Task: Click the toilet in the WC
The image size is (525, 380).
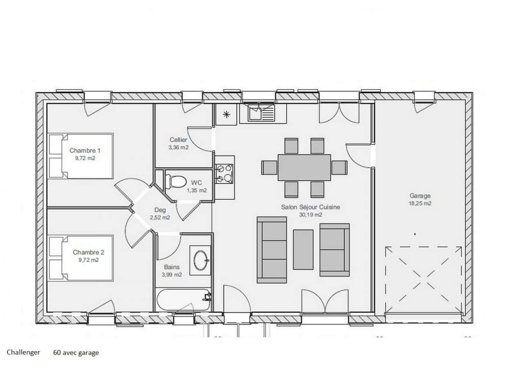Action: pos(175,181)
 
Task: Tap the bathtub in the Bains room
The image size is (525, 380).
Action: pos(183,300)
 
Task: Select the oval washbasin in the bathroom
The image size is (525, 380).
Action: pos(201,260)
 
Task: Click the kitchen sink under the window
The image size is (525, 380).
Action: pos(261,114)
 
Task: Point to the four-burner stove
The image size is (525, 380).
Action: pos(224,174)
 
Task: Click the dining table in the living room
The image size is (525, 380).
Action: pos(304,167)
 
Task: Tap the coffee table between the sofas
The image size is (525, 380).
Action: pos(303,249)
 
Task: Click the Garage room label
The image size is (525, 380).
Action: pos(420,196)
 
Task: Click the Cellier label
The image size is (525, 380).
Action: pos(178,140)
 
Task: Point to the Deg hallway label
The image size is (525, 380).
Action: pos(160,210)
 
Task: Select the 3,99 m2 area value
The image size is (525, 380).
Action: pos(172,274)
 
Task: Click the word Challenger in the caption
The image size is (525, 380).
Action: pos(23,352)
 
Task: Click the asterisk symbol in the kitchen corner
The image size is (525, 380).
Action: pos(226,115)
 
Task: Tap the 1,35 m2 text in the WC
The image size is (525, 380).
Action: pos(197,190)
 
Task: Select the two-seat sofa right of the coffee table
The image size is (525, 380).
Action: pos(334,250)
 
